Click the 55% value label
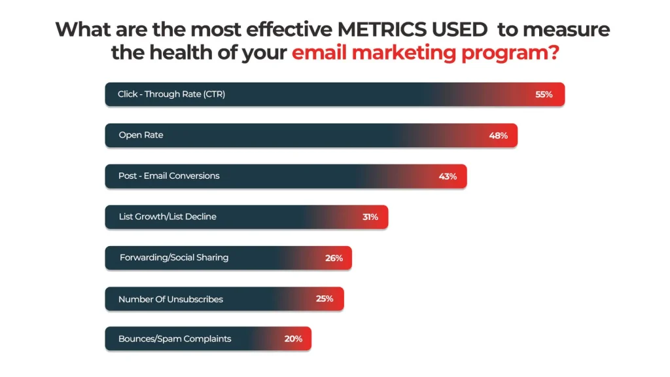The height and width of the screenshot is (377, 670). click(544, 94)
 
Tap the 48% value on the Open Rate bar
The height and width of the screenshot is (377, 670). click(499, 135)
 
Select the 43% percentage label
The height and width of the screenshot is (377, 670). click(448, 176)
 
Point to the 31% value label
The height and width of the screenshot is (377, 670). click(370, 217)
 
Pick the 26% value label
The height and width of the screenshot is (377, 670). click(334, 258)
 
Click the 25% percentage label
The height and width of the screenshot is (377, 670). click(325, 298)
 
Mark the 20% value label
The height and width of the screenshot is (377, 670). click(293, 339)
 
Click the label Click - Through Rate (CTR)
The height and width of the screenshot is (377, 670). click(171, 94)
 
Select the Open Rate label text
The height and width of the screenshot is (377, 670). click(141, 135)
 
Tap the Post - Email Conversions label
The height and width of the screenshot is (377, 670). click(169, 175)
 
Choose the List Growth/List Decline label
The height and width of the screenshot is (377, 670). click(167, 217)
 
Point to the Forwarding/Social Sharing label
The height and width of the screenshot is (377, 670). click(174, 257)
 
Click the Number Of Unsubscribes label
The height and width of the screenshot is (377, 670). click(171, 299)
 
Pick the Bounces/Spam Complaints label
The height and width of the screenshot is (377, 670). click(175, 339)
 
